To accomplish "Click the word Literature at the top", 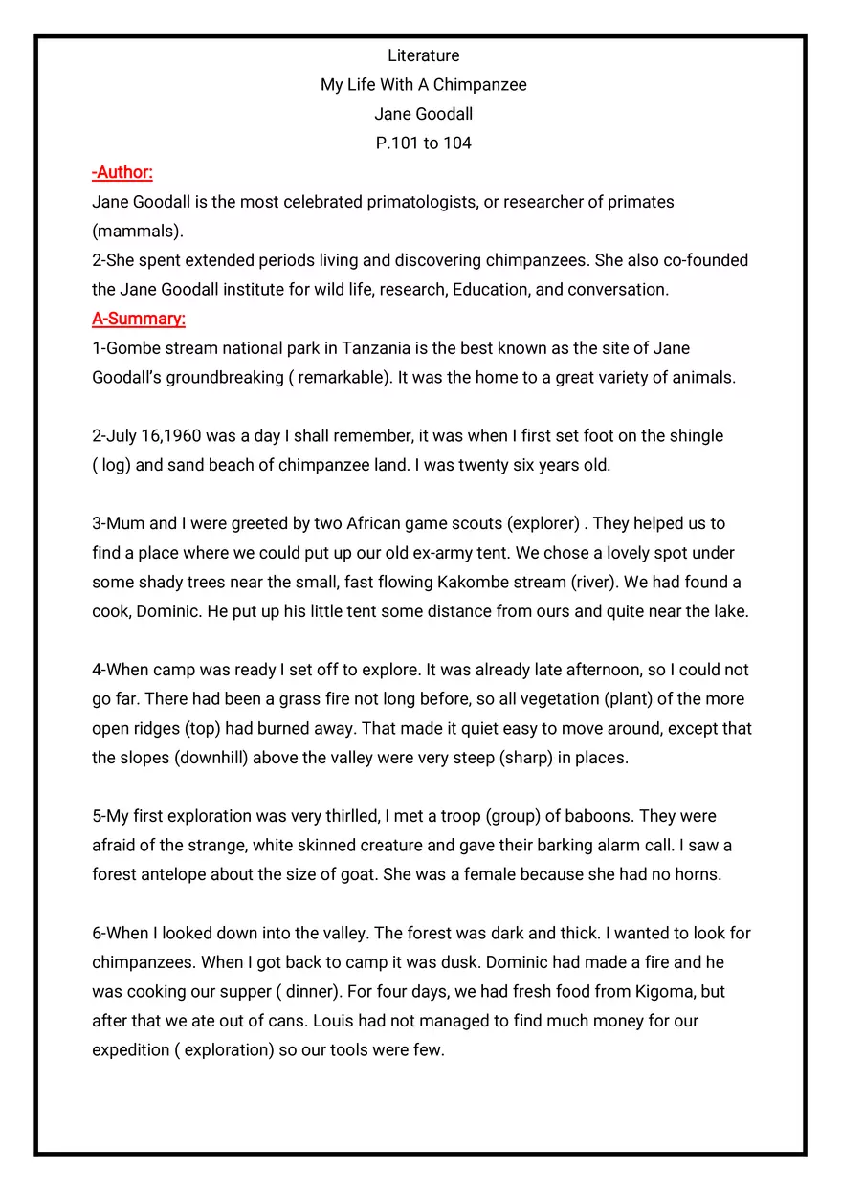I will click(423, 55).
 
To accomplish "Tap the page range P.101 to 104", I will click(423, 143).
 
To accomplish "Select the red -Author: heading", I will click(122, 172).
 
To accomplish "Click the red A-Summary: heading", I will click(139, 319).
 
